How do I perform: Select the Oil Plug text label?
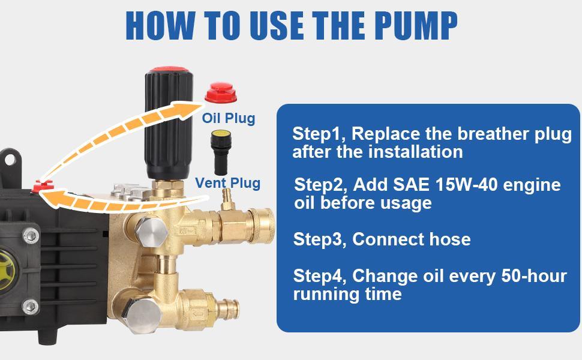(228, 118)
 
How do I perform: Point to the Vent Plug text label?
(228, 183)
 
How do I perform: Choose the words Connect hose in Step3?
(411, 239)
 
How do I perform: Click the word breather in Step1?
(464, 134)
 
